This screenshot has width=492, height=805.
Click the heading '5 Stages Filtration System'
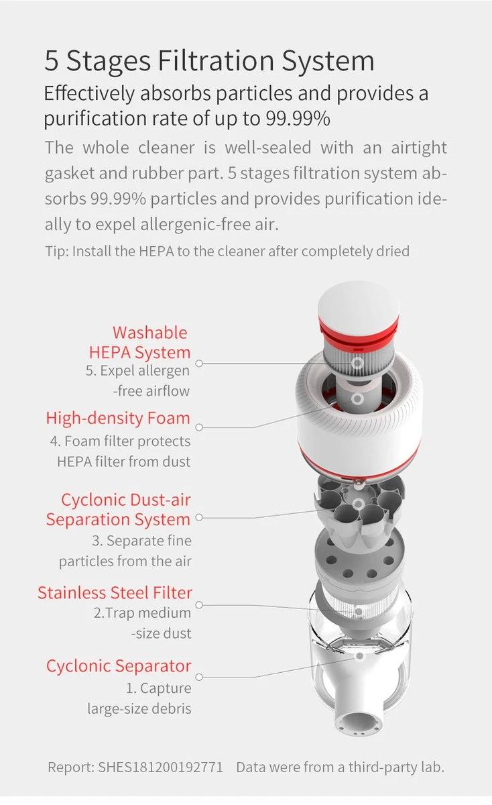click(209, 60)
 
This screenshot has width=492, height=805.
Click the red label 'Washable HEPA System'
click(139, 342)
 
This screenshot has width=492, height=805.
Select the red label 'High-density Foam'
click(118, 419)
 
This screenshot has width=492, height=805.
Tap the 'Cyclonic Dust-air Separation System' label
click(118, 510)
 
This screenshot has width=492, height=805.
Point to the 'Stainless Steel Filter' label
click(115, 593)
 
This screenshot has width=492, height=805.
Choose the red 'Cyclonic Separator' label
click(119, 666)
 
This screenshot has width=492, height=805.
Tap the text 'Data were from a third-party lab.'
click(341, 767)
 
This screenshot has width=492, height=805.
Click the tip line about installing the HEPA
click(227, 251)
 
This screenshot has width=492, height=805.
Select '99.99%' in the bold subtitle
click(298, 119)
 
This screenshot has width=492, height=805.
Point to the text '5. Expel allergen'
click(137, 371)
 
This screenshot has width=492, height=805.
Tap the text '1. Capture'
click(159, 688)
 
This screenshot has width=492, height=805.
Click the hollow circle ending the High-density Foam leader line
click(199, 427)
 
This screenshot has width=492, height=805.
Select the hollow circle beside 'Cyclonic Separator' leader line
click(199, 677)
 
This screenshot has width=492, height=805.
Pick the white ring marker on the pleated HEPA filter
click(357, 363)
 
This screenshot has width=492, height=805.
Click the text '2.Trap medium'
click(142, 613)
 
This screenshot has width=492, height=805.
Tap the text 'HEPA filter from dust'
click(124, 462)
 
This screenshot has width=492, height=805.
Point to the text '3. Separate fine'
click(142, 541)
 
